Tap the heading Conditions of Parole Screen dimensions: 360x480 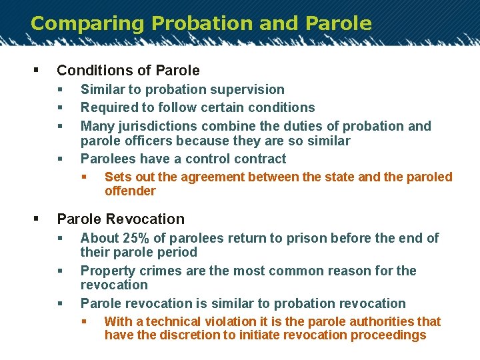(128, 70)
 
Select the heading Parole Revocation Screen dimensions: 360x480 (121, 219)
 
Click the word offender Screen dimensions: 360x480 (130, 191)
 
